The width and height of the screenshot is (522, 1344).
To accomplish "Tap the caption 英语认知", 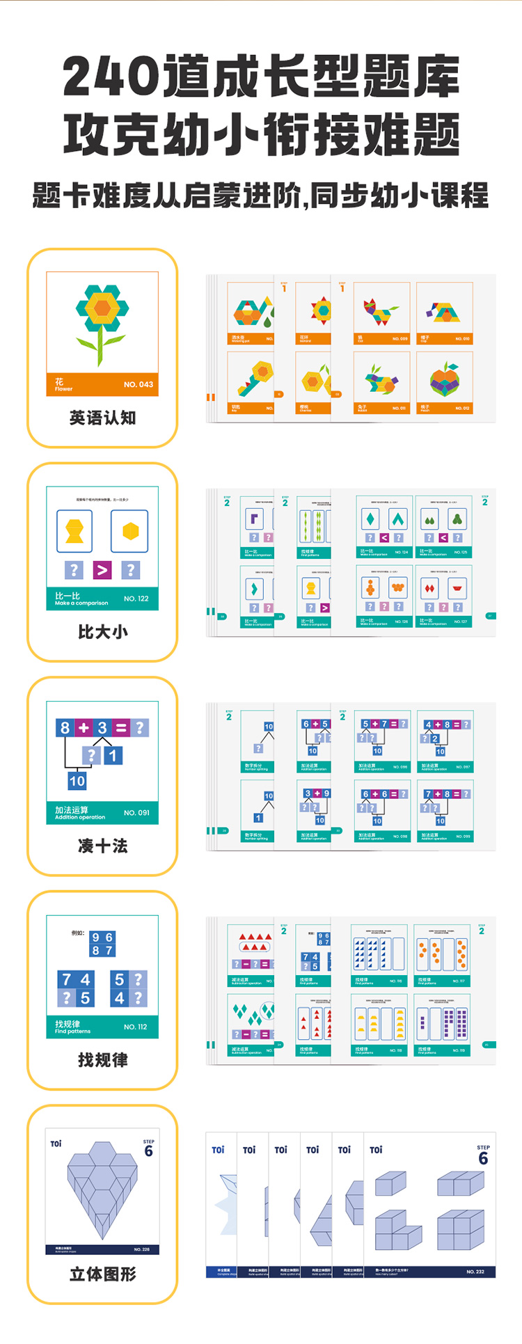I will [x=102, y=418].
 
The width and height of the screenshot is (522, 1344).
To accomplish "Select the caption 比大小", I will [x=102, y=632].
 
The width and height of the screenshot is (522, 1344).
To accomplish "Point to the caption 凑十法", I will [x=102, y=846].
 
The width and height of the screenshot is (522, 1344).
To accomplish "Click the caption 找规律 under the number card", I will [x=102, y=1060].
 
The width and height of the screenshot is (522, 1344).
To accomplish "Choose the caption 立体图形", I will [x=102, y=1274].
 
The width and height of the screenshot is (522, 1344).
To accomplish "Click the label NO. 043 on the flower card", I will [x=138, y=384].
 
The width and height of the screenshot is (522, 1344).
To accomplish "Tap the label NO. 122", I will [x=136, y=599].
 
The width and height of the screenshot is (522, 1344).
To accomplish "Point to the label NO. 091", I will [x=136, y=812].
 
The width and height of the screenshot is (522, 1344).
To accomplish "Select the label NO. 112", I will [x=135, y=1027].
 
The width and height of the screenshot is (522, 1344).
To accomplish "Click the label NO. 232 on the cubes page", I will [x=475, y=1272].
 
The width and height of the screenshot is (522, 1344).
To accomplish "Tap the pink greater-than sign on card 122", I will [x=102, y=570].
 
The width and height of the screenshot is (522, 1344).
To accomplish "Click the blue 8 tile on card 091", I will [x=65, y=728].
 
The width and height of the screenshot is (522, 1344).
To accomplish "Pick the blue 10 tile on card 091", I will [x=77, y=781].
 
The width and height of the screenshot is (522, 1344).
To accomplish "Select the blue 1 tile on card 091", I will [x=113, y=754].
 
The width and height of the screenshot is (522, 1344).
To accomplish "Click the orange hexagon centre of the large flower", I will [x=102, y=307].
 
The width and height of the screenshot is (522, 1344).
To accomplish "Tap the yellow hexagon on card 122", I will [x=130, y=532].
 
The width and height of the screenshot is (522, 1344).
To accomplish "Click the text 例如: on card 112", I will [x=78, y=933].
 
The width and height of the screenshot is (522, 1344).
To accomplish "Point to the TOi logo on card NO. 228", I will [x=56, y=1144].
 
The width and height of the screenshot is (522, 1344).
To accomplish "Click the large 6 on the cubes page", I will [x=483, y=1159].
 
